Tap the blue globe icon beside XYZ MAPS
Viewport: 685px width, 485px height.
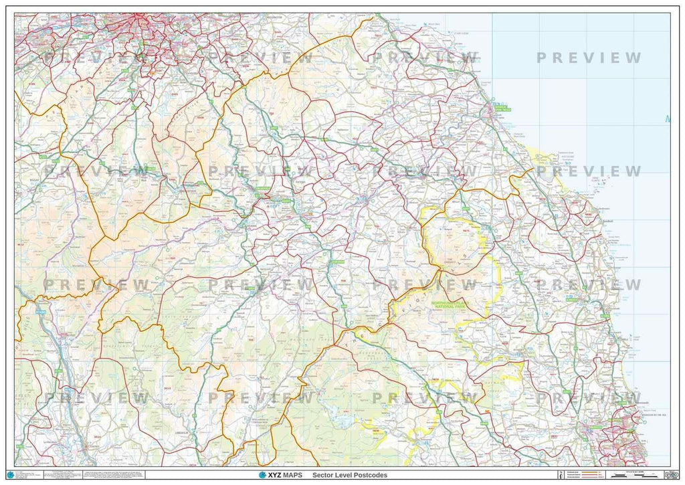[262, 475]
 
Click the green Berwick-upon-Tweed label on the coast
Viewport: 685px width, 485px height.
[500, 106]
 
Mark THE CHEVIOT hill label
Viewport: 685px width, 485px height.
[464, 260]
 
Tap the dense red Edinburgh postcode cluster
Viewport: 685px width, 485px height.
[144, 27]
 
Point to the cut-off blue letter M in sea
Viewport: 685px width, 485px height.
[668, 120]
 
